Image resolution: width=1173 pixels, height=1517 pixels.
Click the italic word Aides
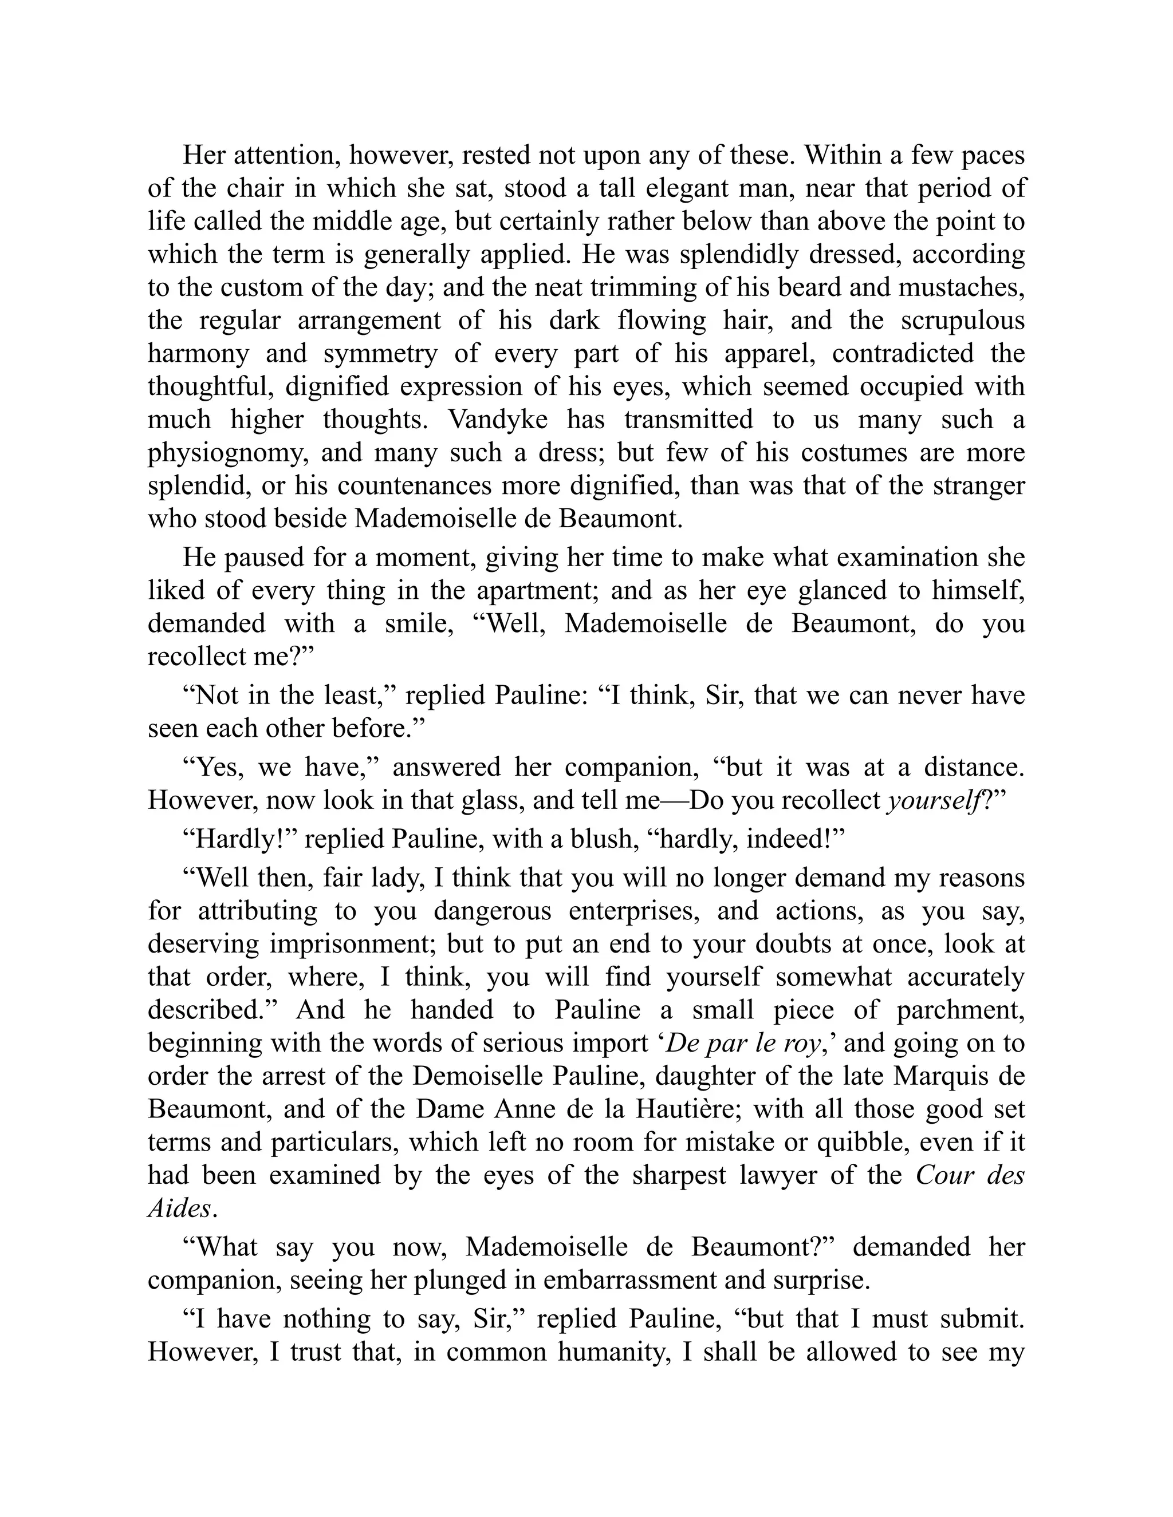(179, 1208)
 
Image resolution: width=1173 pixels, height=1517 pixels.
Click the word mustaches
(962, 287)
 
